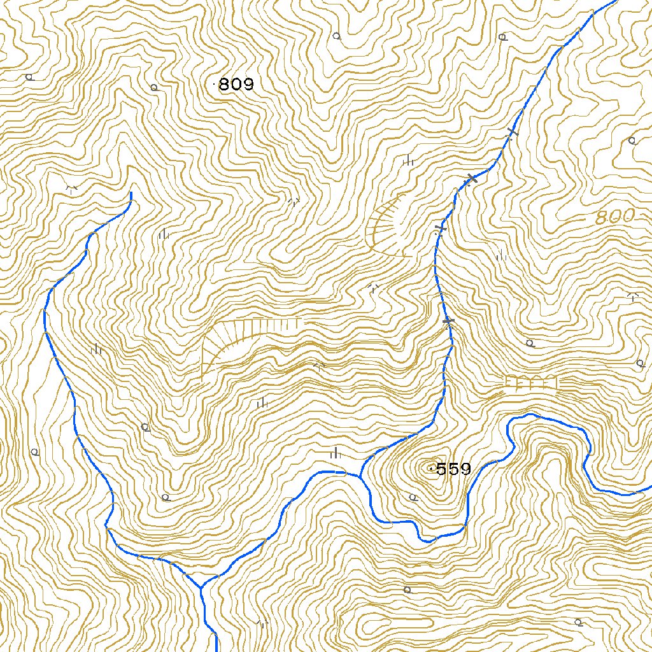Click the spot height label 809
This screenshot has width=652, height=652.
click(x=236, y=84)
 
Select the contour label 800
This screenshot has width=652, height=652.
click(x=615, y=217)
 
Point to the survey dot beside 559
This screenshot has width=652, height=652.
click(x=432, y=469)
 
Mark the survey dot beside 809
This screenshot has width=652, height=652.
click(x=215, y=83)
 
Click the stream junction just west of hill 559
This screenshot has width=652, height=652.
click(x=360, y=476)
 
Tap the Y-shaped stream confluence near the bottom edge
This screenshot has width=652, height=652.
click(x=202, y=586)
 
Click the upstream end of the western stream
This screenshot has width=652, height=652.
click(x=131, y=193)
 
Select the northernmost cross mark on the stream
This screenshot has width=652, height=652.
click(x=512, y=133)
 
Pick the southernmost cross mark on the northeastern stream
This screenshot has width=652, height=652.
click(x=448, y=322)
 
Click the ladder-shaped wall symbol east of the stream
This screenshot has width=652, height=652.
click(x=532, y=383)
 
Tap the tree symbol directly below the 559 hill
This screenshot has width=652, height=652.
click(x=413, y=497)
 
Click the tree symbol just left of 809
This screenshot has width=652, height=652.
click(x=153, y=87)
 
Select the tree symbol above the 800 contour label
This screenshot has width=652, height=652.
click(x=632, y=141)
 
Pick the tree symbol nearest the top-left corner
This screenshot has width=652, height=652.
click(x=29, y=77)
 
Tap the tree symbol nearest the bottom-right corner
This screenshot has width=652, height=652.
click(x=578, y=621)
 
